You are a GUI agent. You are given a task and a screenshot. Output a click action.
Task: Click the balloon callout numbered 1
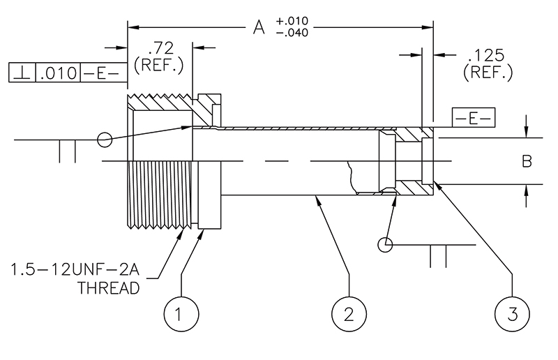[x=179, y=314]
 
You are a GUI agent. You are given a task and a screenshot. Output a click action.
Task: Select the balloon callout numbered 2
[x=348, y=314]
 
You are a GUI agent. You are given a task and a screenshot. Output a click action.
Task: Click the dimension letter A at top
[x=259, y=28]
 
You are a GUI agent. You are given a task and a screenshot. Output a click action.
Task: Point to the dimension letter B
[x=527, y=161]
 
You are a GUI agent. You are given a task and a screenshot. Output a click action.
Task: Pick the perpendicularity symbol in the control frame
[x=22, y=72]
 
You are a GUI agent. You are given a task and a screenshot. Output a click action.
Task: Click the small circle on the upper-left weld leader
[x=105, y=140]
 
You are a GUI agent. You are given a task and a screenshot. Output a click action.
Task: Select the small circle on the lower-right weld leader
[x=384, y=245]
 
